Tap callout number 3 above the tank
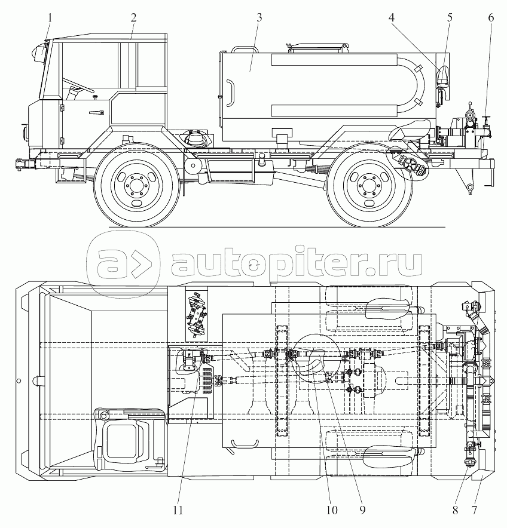[x=259, y=17]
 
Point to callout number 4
[x=392, y=17]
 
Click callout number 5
[x=450, y=17]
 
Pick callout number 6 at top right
[x=491, y=17]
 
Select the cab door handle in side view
[x=94, y=113]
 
